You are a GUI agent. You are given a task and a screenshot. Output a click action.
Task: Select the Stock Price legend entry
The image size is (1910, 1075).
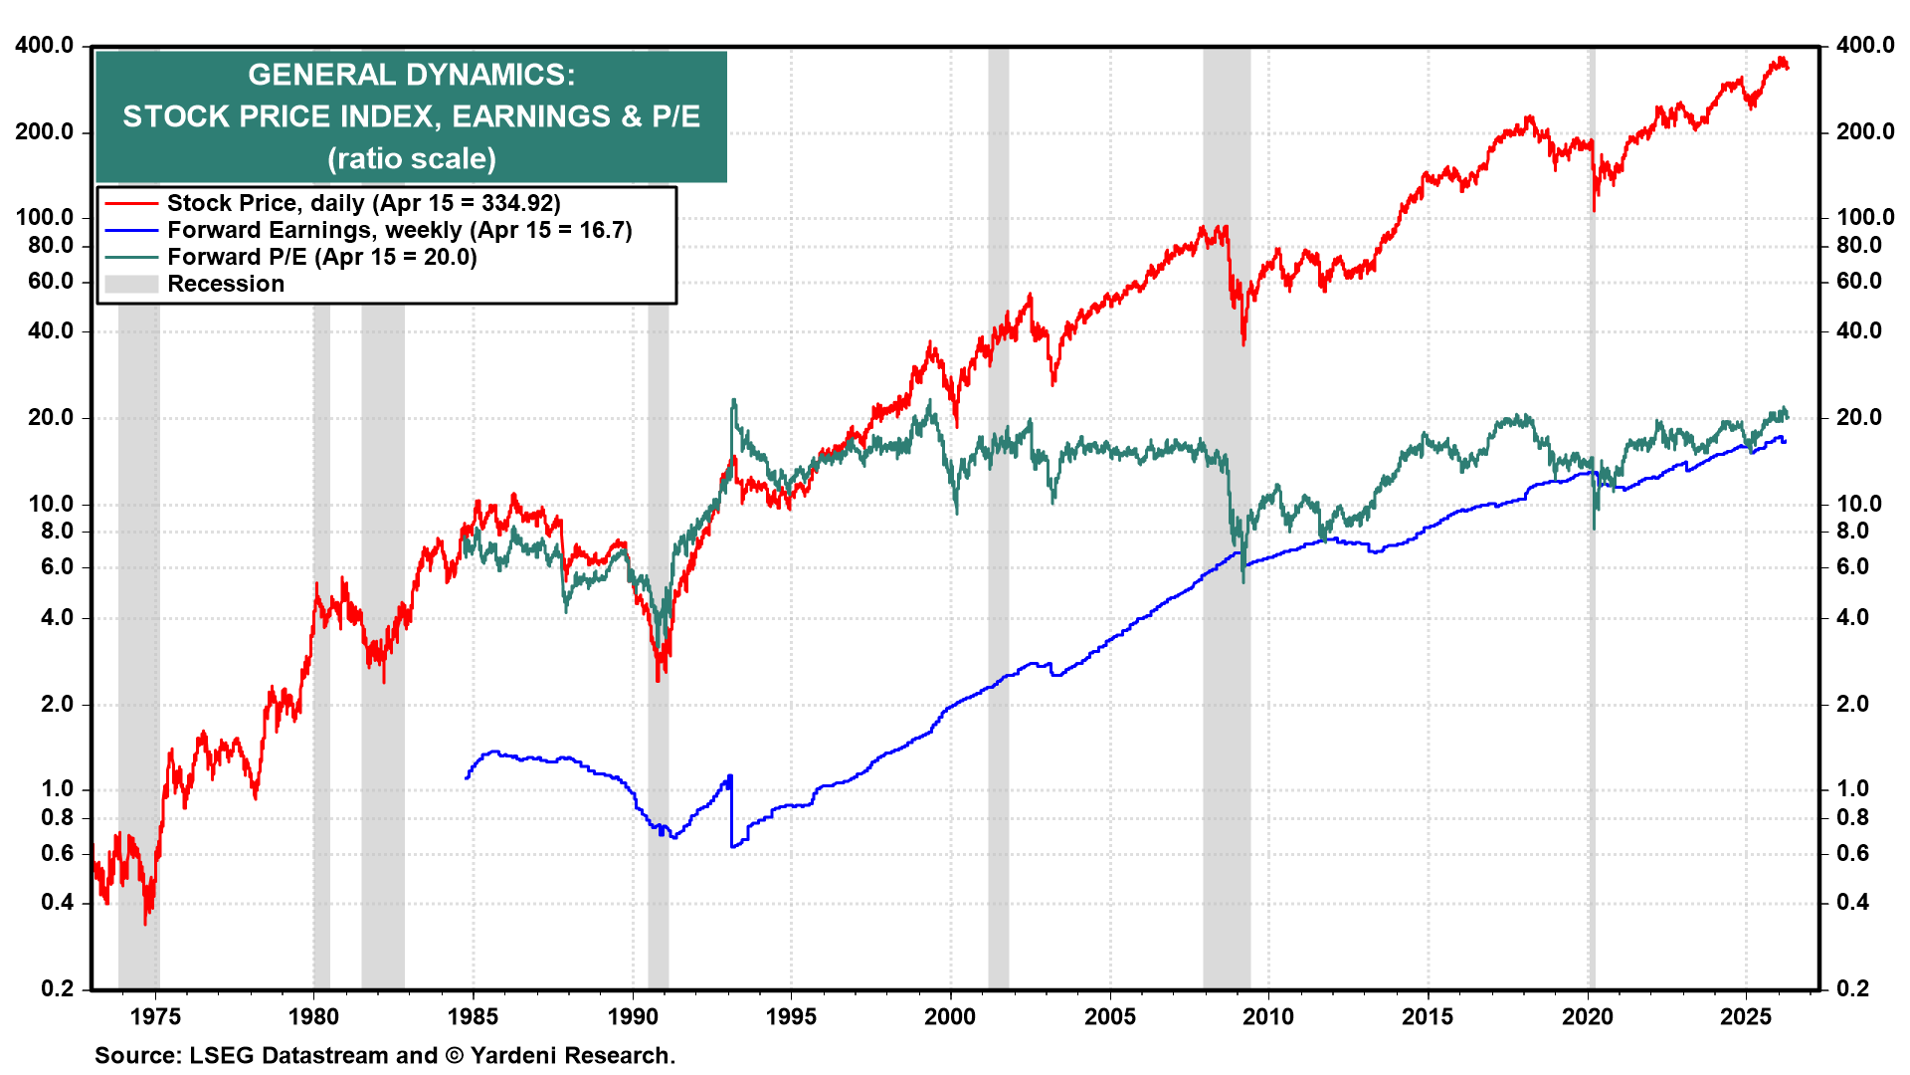(x=363, y=203)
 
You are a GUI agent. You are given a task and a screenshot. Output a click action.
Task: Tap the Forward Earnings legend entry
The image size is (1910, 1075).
(x=399, y=230)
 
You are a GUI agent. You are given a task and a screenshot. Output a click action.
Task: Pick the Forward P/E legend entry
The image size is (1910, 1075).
(x=321, y=257)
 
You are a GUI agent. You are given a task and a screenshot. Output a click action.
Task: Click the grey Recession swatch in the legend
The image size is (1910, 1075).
(x=131, y=284)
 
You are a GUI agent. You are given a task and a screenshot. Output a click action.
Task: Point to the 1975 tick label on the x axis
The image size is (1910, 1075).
(x=155, y=1016)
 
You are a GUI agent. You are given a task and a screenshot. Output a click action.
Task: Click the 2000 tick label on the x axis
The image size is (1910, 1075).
(x=950, y=1016)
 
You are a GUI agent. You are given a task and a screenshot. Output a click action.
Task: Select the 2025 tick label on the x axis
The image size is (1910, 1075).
(x=1746, y=1016)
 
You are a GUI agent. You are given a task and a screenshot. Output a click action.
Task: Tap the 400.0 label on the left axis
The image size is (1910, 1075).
(x=45, y=45)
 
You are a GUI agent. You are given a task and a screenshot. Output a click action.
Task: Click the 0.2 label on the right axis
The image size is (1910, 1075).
(x=1852, y=988)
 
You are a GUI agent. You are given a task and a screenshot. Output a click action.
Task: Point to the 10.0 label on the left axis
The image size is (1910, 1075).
(x=51, y=504)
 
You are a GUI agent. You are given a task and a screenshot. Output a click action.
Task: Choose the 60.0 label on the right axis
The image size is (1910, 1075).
(x=1858, y=281)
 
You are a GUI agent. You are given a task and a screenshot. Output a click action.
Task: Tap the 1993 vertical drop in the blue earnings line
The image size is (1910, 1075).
(x=731, y=811)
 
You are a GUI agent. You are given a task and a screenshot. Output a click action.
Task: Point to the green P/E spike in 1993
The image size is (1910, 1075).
(x=733, y=402)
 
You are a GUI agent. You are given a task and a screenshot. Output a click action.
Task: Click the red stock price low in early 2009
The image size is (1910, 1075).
(x=1243, y=341)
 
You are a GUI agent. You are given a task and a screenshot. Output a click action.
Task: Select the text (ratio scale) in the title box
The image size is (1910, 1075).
(x=411, y=158)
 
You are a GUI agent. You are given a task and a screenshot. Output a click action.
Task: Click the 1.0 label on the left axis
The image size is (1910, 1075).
(x=57, y=789)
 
